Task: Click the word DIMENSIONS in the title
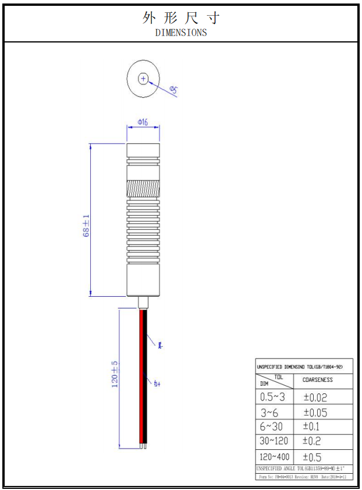[181, 33]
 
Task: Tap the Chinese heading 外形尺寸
[181, 18]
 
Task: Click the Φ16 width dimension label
[143, 122]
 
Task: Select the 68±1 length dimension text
[86, 226]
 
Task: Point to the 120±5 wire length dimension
[115, 374]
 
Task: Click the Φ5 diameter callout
[174, 90]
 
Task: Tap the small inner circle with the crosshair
[143, 78]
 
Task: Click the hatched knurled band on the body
[143, 189]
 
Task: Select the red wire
[141, 378]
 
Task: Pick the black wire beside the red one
[145, 378]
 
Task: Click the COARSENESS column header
[318, 380]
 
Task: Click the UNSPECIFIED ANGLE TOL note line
[303, 468]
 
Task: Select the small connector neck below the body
[143, 303]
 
